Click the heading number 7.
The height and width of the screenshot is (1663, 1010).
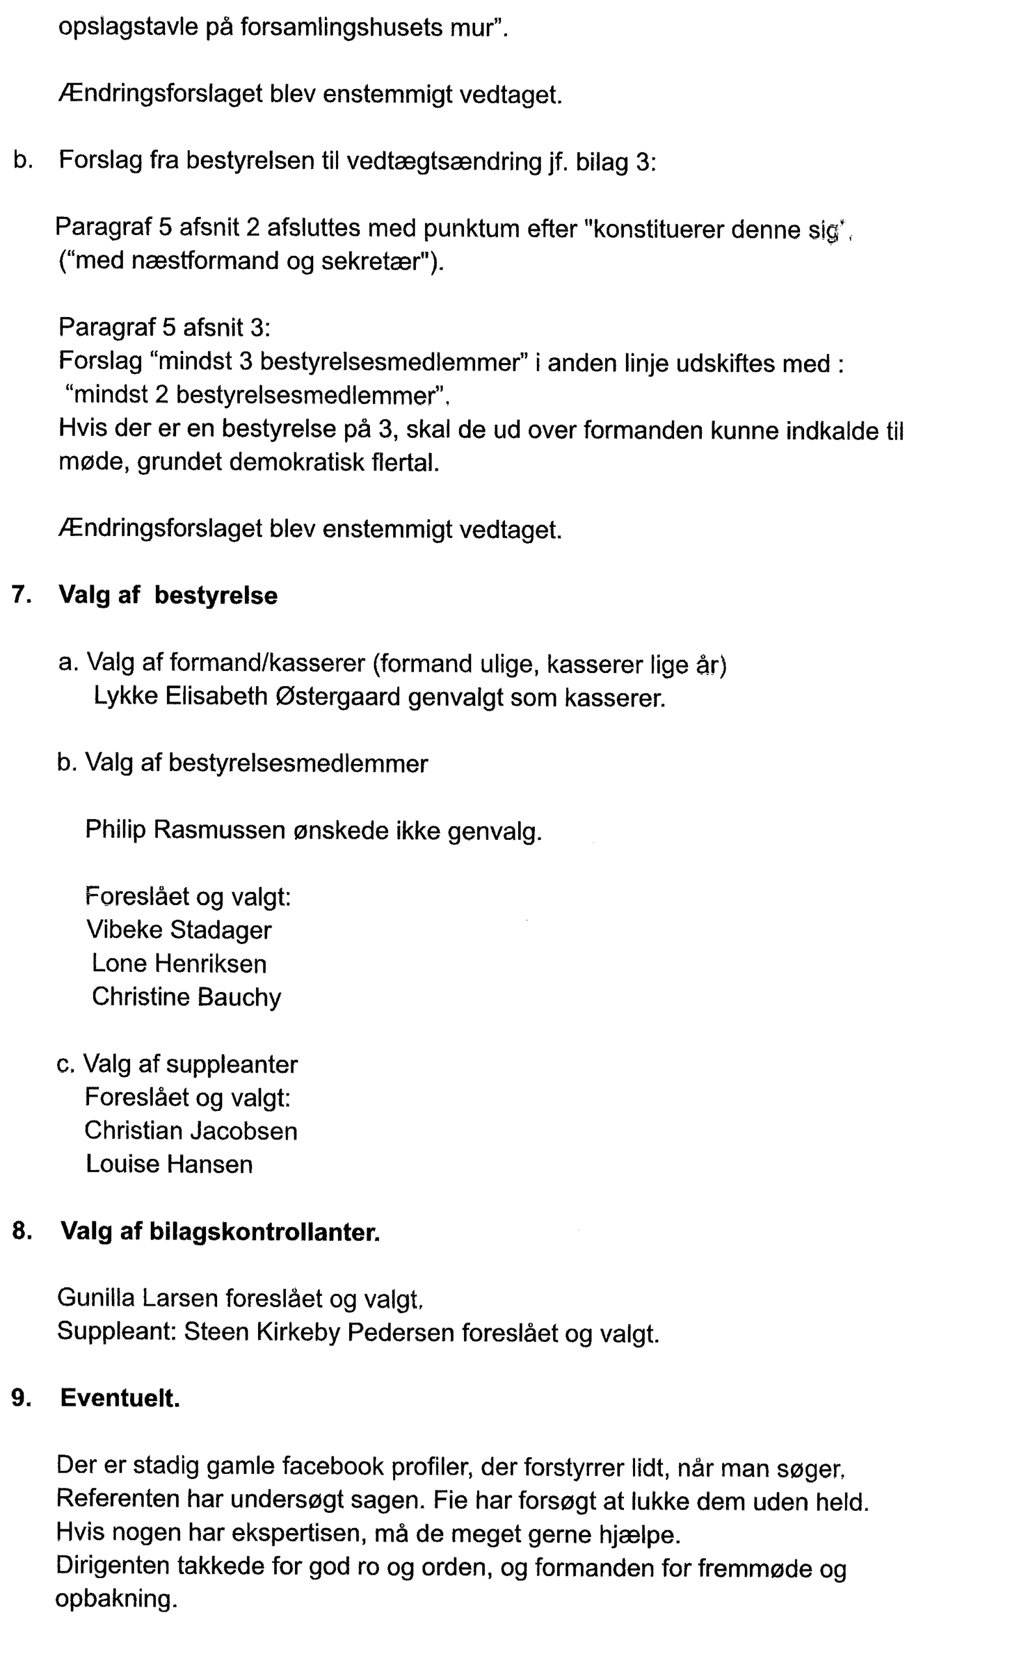(21, 594)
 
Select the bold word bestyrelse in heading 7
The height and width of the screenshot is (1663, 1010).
(215, 595)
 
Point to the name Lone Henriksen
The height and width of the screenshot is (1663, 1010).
(179, 963)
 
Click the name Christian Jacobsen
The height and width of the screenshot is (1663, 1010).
(190, 1130)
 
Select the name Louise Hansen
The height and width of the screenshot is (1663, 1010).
(169, 1163)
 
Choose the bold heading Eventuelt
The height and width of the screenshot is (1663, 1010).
(120, 1398)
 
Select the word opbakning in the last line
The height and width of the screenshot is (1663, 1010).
(116, 1599)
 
